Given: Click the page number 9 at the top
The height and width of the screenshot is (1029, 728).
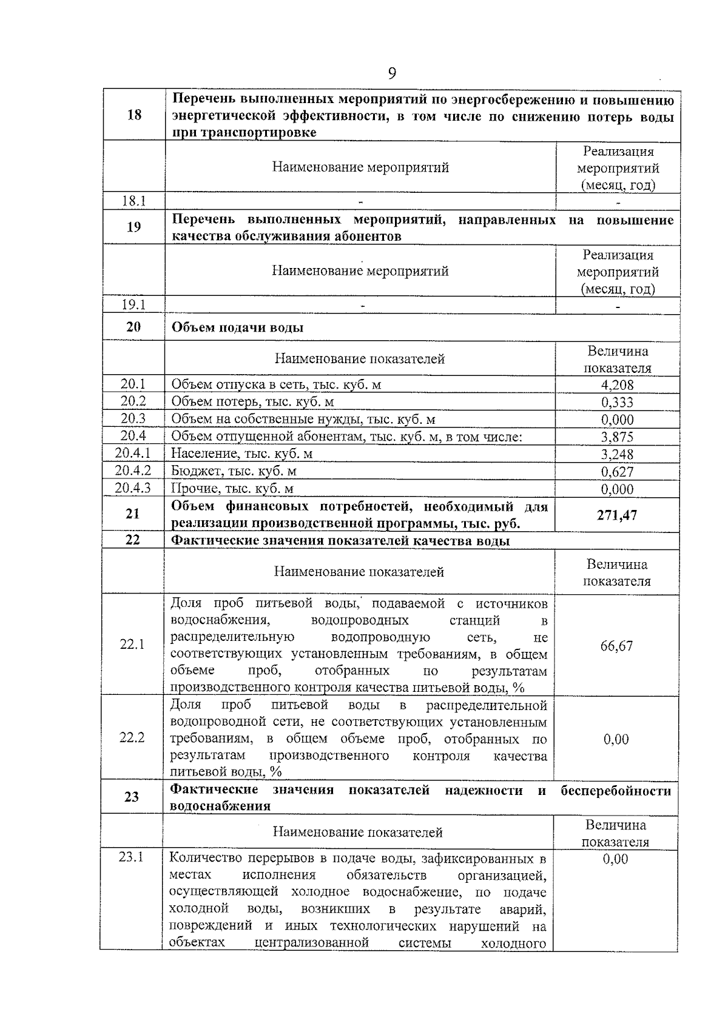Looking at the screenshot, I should pos(392,74).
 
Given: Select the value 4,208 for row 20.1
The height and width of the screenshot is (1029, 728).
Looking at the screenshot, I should pos(617,385).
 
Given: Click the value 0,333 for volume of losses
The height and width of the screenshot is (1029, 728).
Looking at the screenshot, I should pos(617,402).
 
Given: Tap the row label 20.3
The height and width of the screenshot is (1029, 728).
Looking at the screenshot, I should pos(133,419).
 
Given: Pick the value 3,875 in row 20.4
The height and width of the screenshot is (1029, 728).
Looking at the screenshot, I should pos(617,437).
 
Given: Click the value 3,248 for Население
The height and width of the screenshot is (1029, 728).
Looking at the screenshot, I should pos(617,454).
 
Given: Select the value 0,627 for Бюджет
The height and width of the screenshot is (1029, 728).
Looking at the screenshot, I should pos(617,471).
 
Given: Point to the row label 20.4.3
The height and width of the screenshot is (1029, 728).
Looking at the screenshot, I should pos(133,488).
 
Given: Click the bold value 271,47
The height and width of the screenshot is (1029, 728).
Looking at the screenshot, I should pos(617,515).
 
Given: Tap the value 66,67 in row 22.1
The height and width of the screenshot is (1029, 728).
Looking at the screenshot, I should pos(616,646).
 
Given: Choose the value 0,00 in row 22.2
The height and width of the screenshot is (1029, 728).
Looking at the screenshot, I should pos(616,739).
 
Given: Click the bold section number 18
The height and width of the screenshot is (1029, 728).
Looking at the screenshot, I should pos(134,115).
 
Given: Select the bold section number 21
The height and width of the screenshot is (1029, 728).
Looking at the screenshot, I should pos(133,514).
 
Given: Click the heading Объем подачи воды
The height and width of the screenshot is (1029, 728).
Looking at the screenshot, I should pos(237,328).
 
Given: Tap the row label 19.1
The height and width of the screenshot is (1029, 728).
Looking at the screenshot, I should pos(133,305).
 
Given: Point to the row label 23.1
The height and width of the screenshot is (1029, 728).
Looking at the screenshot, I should pos(131,858).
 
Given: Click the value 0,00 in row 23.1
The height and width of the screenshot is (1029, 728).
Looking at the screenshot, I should pos(615,859).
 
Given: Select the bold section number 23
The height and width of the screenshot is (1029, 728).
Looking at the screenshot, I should pos(132,797).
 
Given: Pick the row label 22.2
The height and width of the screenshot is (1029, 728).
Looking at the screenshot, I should pos(132,738).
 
